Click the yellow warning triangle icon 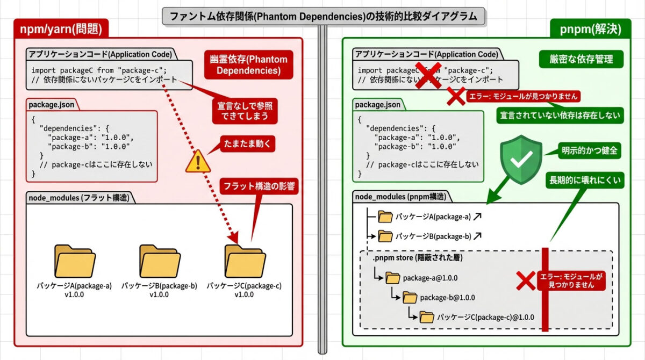pos(198,161)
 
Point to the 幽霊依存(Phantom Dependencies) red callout pos(248,64)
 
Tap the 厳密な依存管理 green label pos(580,59)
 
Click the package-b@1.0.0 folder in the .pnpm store pos(411,298)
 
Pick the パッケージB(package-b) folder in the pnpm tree pos(385,235)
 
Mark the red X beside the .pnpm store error pos(526,280)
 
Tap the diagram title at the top pos(323,16)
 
